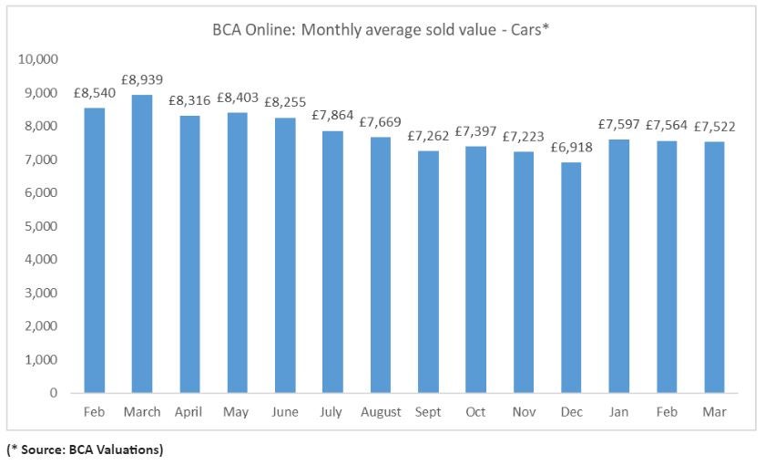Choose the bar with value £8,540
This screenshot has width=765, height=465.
94,250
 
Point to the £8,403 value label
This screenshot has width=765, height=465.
236,98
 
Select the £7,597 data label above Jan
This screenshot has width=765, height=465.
616,125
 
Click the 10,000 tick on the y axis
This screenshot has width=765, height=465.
38,59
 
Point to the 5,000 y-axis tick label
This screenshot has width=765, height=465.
42,226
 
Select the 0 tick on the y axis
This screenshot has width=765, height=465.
54,393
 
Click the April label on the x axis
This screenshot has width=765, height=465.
189,412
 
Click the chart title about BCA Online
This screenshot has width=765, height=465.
382,29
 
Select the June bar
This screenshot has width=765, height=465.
284,255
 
